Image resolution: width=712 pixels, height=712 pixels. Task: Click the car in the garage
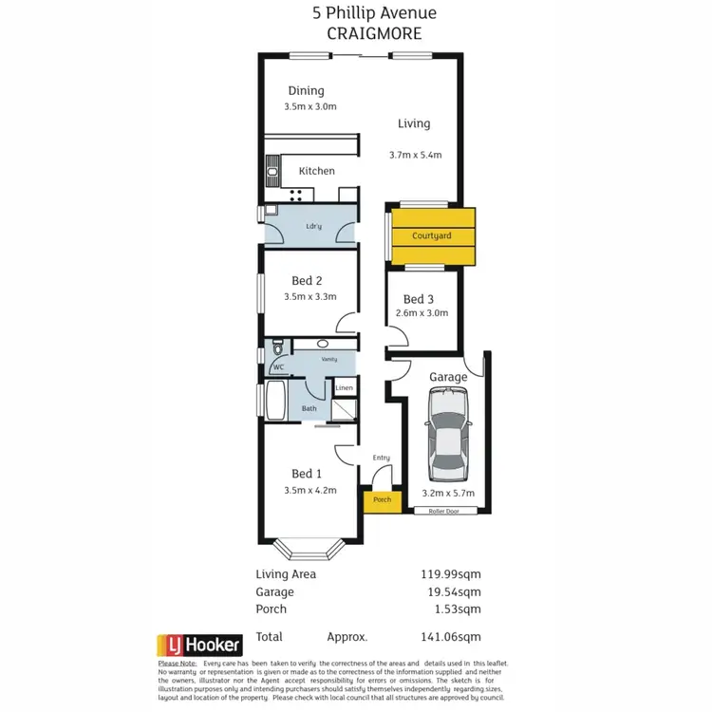(x=448, y=439)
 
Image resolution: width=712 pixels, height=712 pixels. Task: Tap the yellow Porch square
(x=382, y=500)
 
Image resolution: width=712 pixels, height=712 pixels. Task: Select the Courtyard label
(x=431, y=235)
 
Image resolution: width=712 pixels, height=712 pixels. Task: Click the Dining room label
(x=306, y=91)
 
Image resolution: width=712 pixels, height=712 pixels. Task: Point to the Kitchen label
(x=316, y=171)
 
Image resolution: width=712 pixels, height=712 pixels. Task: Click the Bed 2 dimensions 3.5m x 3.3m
(x=310, y=297)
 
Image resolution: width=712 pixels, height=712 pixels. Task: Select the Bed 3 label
(x=418, y=298)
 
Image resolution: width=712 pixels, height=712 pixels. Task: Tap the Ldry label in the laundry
(x=313, y=226)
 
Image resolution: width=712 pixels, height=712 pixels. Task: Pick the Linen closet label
(x=344, y=388)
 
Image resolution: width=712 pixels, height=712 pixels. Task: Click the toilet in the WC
(x=276, y=348)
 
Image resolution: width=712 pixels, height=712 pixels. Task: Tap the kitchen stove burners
(x=295, y=195)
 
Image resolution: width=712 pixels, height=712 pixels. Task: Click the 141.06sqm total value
(x=452, y=637)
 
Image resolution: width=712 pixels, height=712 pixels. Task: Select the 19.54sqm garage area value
(x=455, y=591)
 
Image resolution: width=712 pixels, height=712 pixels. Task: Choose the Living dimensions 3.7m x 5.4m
(x=416, y=155)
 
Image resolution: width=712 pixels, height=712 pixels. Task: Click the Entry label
(x=381, y=458)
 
